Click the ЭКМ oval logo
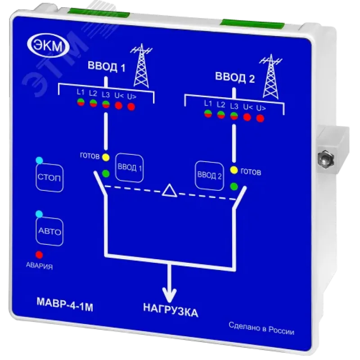(48, 46)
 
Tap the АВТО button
(49, 231)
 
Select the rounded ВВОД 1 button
(130, 167)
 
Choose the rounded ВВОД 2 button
(209, 175)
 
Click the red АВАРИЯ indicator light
(39, 255)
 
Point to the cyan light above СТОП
(39, 160)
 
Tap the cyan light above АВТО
(39, 214)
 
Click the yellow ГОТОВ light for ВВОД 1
(106, 157)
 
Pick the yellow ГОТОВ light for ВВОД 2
(234, 170)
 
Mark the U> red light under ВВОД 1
(131, 107)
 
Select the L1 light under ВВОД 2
(208, 113)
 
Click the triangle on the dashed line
(170, 190)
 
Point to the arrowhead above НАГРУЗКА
(170, 295)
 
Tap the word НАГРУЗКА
(171, 310)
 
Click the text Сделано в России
(261, 328)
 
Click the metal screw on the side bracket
(326, 158)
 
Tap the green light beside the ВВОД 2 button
(234, 186)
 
